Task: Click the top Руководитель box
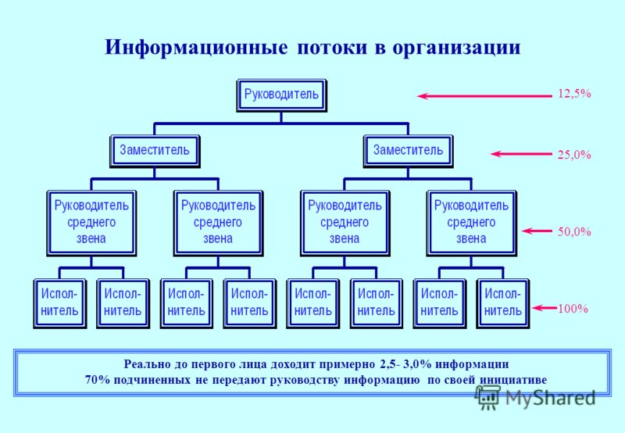point(282,95)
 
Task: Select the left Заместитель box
point(155,151)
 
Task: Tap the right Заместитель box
point(408,151)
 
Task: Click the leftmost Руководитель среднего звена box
point(91,224)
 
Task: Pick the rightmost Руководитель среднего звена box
point(472,224)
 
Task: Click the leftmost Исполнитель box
point(60,303)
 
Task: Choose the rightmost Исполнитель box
point(503,303)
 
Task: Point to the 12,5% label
point(574,94)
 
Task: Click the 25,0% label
point(574,155)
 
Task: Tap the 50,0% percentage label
point(574,231)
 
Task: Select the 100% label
point(573,308)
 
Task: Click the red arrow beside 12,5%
point(484,95)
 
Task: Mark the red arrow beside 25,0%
point(521,154)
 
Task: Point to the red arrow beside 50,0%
point(537,231)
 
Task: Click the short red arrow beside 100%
point(545,308)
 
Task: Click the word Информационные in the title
point(196,48)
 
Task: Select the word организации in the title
point(457,48)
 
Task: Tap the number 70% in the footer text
point(97,380)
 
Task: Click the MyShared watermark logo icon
point(487,397)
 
